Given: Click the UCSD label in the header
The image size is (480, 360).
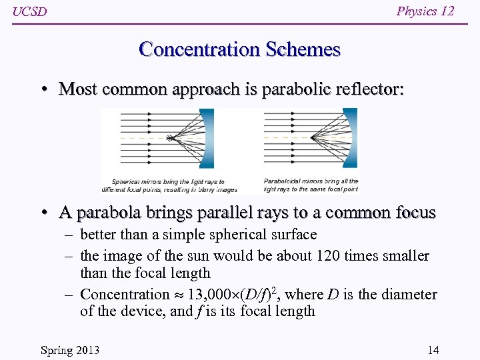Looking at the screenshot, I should [x=30, y=12].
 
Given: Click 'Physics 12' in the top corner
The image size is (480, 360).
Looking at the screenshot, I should [x=425, y=11].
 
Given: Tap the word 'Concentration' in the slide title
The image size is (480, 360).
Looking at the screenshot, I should [x=199, y=49].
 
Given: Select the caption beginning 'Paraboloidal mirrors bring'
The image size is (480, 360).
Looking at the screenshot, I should [x=311, y=185].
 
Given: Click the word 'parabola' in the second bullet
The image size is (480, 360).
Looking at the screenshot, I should [x=109, y=213].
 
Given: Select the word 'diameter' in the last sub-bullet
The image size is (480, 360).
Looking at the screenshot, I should [x=409, y=294].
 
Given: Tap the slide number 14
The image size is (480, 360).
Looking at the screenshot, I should [x=433, y=350].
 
